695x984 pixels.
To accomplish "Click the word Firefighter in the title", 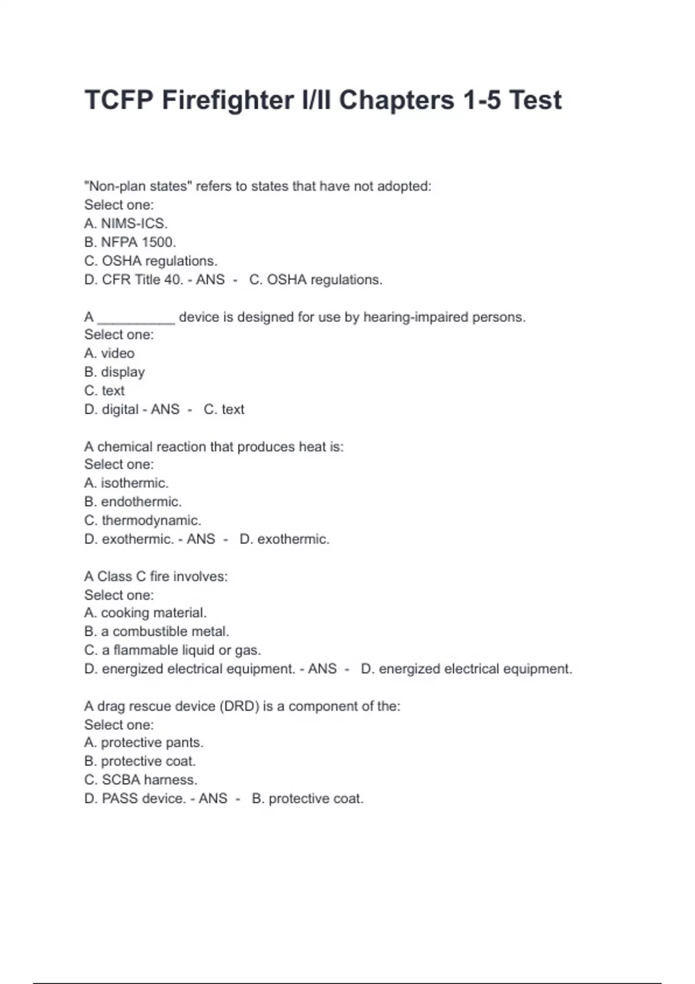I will tap(228, 100).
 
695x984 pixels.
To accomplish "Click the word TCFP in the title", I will tap(119, 100).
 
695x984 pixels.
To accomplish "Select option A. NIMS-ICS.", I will tap(126, 223).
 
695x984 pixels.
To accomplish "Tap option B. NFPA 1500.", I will tap(130, 242).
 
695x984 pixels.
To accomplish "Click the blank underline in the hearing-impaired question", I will tap(136, 318).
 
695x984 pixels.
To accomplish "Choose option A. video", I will tap(109, 353).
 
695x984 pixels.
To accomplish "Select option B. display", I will tap(114, 372).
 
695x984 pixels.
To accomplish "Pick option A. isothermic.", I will tap(126, 483).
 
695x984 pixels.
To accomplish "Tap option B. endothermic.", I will tap(133, 501).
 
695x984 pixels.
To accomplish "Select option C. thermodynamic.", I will tap(142, 520).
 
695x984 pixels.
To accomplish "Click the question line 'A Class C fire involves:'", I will tap(156, 577).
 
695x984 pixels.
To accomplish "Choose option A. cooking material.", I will tap(145, 612).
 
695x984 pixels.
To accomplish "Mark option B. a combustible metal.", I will tap(156, 631).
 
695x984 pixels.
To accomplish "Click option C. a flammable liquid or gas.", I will tap(173, 650).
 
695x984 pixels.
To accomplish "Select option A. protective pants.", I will tap(144, 742).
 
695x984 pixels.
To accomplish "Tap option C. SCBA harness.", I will tap(141, 780).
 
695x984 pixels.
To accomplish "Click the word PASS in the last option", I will tap(120, 798).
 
